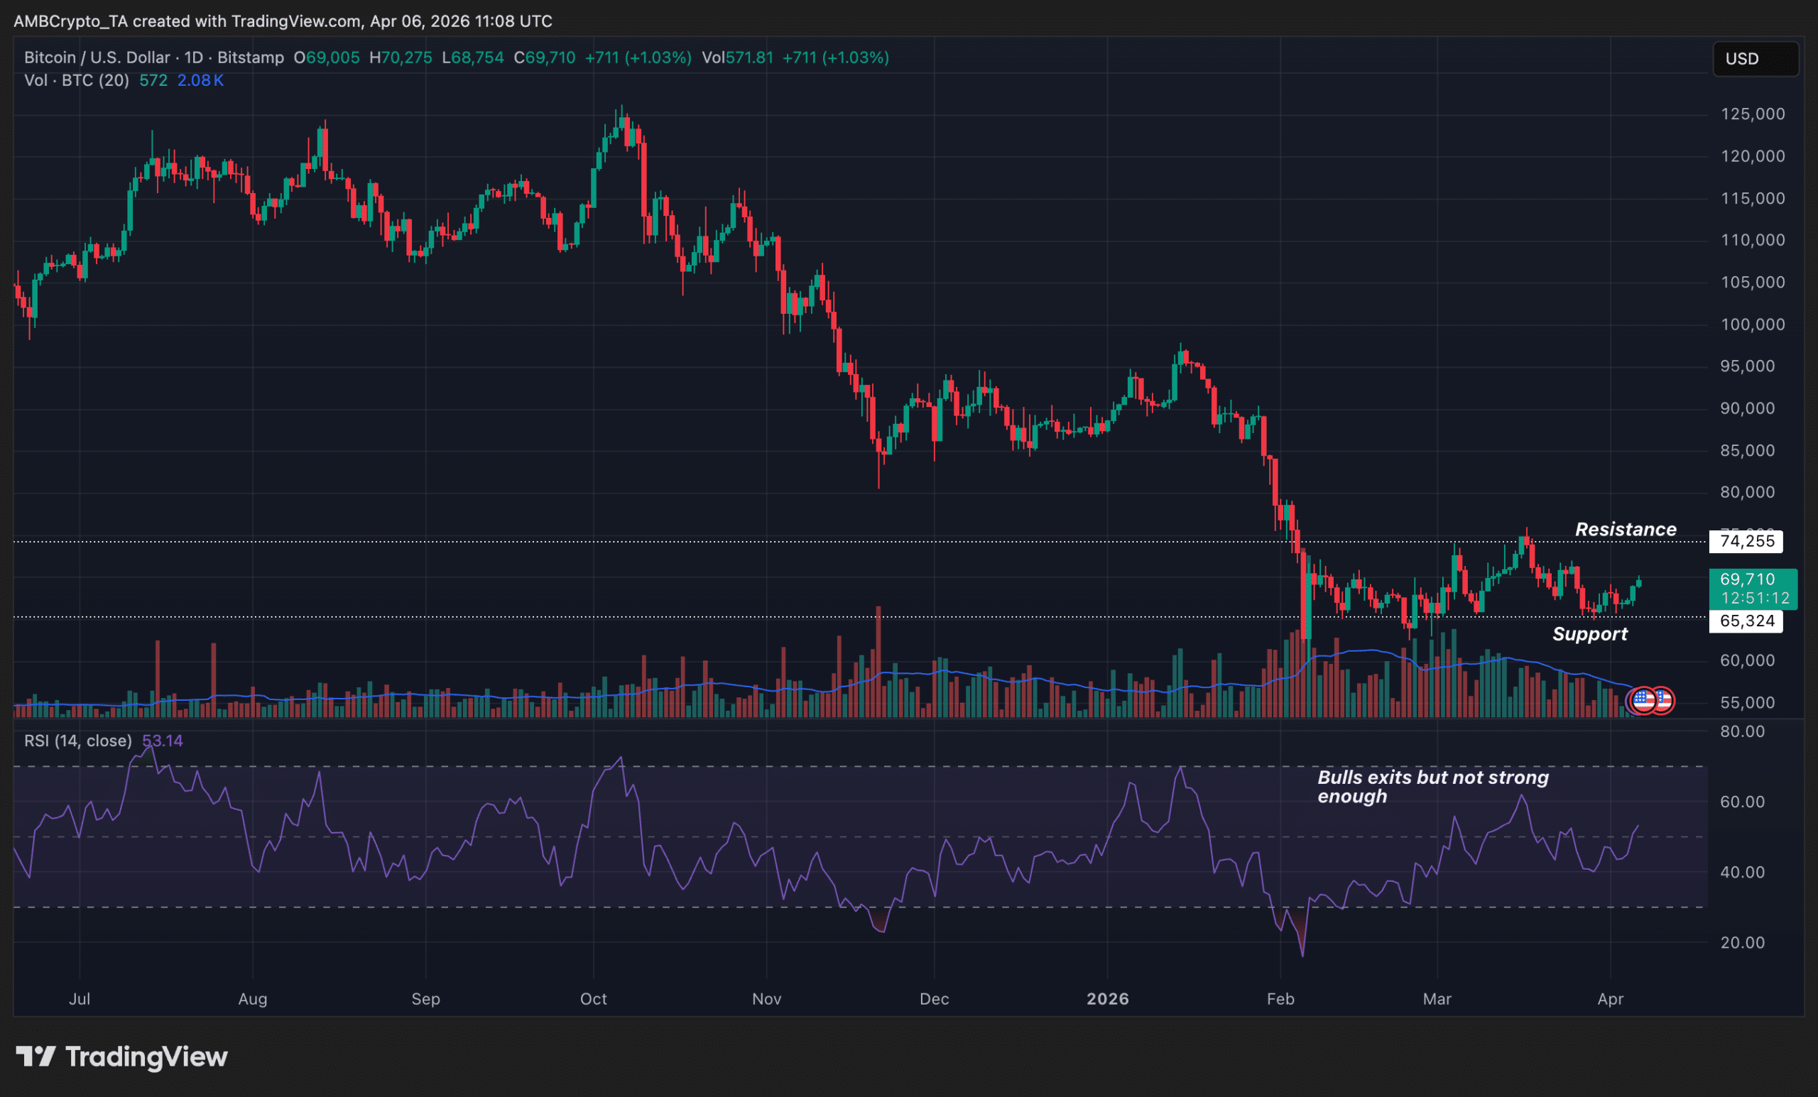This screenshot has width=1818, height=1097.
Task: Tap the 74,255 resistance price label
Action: pyautogui.click(x=1746, y=542)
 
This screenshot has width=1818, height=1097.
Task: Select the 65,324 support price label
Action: pyautogui.click(x=1746, y=621)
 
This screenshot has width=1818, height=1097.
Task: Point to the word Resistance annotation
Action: pyautogui.click(x=1626, y=530)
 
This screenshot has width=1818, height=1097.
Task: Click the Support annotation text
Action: pyautogui.click(x=1589, y=635)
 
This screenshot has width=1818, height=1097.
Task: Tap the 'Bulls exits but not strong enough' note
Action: pyautogui.click(x=1432, y=787)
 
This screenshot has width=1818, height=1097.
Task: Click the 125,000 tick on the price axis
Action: pyautogui.click(x=1753, y=114)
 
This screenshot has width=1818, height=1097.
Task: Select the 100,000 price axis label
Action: pyautogui.click(x=1753, y=324)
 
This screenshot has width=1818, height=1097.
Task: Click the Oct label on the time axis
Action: pyautogui.click(x=593, y=999)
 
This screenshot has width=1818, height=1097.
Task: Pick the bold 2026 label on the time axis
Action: pyautogui.click(x=1107, y=999)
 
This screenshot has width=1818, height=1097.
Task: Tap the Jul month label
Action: pyautogui.click(x=79, y=999)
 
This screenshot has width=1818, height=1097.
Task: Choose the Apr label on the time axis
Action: pyautogui.click(x=1610, y=999)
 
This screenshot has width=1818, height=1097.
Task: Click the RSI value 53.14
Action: pyautogui.click(x=163, y=741)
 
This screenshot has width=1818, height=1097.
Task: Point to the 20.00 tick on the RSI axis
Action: pyautogui.click(x=1742, y=943)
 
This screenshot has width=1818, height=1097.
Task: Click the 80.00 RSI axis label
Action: pyautogui.click(x=1742, y=732)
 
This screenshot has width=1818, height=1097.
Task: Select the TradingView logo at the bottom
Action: pyautogui.click(x=121, y=1057)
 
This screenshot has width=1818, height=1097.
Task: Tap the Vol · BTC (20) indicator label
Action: pyautogui.click(x=76, y=80)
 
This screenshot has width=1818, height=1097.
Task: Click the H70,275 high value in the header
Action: pyautogui.click(x=401, y=58)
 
